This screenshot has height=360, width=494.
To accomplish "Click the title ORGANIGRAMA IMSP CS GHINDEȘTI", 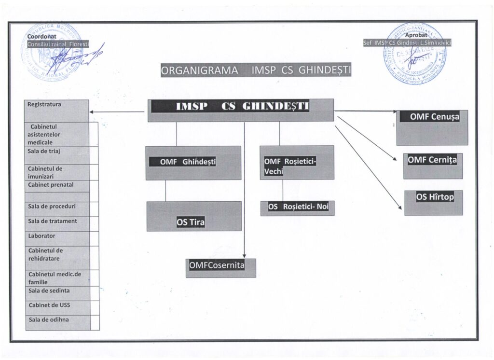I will click(256, 70).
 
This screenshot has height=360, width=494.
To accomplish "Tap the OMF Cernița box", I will click(433, 166).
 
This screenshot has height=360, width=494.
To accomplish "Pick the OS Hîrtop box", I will click(433, 202).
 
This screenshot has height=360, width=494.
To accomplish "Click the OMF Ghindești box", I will click(193, 163).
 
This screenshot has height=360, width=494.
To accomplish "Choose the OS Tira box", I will click(194, 216).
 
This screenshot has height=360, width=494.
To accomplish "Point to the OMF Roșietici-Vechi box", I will click(297, 162).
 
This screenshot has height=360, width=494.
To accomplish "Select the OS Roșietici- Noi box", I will click(297, 208).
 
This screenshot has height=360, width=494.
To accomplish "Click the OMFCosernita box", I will click(221, 268).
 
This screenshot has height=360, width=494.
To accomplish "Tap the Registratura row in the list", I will click(57, 111).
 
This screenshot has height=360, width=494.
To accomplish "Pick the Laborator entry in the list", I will click(57, 236).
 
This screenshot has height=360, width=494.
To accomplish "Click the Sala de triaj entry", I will click(57, 154).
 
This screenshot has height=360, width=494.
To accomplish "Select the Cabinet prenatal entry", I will click(57, 185).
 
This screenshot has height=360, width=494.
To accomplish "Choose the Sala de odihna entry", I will click(57, 320).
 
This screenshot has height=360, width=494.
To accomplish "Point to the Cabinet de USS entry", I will click(57, 305).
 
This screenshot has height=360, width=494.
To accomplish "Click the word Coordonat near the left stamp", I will click(42, 36).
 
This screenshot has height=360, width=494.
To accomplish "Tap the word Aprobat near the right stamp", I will click(416, 35).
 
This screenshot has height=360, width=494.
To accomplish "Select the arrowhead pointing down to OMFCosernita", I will click(245, 256).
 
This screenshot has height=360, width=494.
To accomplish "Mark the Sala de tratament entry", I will click(57, 222).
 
